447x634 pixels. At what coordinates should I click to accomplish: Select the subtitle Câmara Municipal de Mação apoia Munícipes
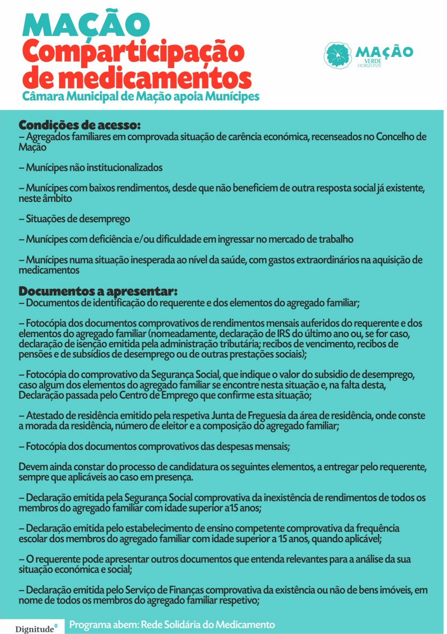click(x=141, y=96)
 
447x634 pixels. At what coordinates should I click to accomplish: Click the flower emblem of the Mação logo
click(x=338, y=55)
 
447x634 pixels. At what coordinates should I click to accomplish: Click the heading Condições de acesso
click(x=80, y=125)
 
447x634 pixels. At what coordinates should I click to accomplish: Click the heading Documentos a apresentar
click(x=98, y=292)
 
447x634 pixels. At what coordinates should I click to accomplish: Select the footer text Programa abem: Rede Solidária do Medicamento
click(x=172, y=625)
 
